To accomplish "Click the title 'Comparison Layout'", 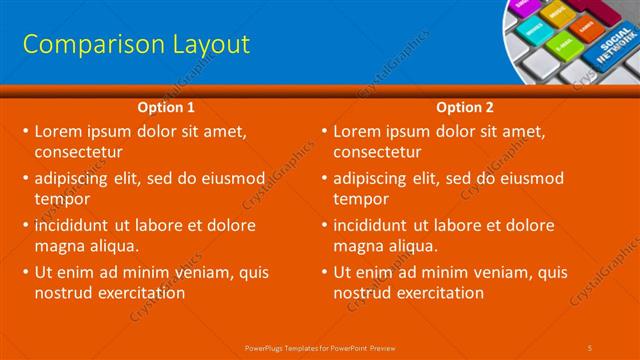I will [136, 44].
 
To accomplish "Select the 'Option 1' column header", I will [166, 107].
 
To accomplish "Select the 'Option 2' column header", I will [465, 107].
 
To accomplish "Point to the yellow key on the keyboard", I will [557, 17].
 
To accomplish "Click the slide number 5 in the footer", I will [591, 347].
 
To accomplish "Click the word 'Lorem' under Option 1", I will [58, 131].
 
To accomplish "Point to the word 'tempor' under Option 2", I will [359, 199].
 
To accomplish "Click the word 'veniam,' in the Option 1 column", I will [203, 272].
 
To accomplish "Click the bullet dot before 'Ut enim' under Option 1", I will [25, 272].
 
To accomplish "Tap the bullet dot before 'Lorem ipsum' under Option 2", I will [324, 131].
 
